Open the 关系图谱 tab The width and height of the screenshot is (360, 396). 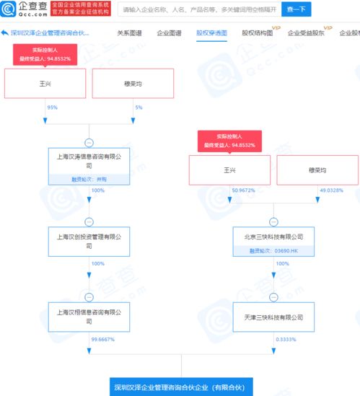click(130, 33)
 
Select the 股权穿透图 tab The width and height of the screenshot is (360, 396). click(211, 33)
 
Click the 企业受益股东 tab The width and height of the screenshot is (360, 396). click(306, 33)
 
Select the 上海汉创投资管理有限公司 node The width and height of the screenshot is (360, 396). click(89, 240)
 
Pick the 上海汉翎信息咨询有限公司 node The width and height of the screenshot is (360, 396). click(89, 316)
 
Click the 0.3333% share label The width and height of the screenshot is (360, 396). click(286, 339)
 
